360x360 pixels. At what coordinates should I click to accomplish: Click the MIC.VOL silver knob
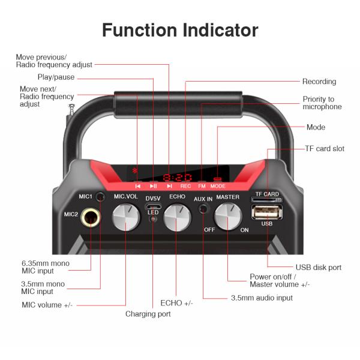point(126,217)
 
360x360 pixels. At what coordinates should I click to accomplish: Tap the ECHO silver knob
point(177,218)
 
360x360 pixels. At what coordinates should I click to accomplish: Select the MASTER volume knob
point(228,216)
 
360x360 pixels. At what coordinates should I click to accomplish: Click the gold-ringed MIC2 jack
point(91,217)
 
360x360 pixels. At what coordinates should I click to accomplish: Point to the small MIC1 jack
point(100,197)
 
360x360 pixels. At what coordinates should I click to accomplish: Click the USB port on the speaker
point(267,212)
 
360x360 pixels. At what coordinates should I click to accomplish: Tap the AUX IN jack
point(203,209)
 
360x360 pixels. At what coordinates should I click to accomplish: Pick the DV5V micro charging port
point(153,206)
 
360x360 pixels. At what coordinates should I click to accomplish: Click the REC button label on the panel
point(185,186)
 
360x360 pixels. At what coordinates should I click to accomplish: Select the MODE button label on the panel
point(218,186)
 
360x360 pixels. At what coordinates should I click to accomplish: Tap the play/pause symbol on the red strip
point(153,186)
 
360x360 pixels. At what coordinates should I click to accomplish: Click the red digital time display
point(177,178)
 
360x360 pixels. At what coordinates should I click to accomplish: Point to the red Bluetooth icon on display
point(135,170)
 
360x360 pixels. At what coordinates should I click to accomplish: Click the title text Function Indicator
point(180,30)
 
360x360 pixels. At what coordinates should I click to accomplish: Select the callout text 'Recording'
point(319,82)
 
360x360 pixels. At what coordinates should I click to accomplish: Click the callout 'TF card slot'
point(325,149)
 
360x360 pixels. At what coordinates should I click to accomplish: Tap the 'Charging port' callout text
point(148,314)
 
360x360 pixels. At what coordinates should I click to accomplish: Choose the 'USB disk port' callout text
point(319,268)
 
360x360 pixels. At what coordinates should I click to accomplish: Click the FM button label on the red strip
point(202,186)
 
